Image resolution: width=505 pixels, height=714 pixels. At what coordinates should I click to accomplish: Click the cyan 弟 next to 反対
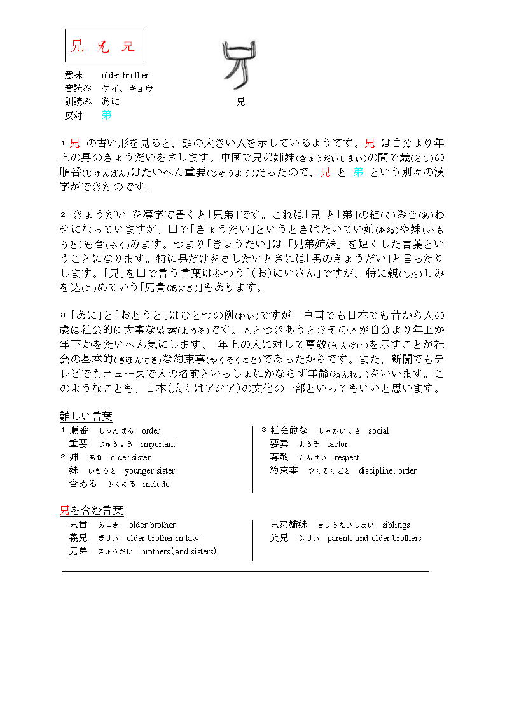click(x=106, y=115)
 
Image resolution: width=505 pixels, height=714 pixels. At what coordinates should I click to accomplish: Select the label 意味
click(x=74, y=76)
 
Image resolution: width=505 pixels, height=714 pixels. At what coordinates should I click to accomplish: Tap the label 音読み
click(x=78, y=88)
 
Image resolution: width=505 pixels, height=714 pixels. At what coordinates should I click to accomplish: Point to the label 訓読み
click(x=78, y=102)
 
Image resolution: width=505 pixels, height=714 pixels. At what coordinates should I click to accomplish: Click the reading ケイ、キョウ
click(x=128, y=88)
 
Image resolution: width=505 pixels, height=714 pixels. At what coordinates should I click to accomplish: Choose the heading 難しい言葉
click(x=86, y=416)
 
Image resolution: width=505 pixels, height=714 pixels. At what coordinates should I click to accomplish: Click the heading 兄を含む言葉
click(x=92, y=511)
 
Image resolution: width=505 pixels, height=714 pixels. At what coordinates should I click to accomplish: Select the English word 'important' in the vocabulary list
click(x=158, y=444)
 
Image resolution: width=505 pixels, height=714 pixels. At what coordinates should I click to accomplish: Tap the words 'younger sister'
click(x=149, y=471)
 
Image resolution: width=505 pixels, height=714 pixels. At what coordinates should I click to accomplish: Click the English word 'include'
click(x=156, y=484)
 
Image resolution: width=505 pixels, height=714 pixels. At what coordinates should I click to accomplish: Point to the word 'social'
click(x=378, y=431)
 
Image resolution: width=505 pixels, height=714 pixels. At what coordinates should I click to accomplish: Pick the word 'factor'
click(x=338, y=444)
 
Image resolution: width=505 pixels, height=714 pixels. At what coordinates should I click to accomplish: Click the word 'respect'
click(x=347, y=458)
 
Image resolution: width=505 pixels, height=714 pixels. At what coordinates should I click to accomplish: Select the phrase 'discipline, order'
click(x=387, y=471)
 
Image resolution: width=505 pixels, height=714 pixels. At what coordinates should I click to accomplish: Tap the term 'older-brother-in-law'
click(x=163, y=539)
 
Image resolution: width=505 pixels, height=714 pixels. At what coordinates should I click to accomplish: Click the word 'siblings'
click(x=396, y=525)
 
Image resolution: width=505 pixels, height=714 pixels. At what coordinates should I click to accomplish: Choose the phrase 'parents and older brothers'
click(x=374, y=539)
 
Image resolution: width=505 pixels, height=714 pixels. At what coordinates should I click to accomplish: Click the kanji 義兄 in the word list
click(x=78, y=539)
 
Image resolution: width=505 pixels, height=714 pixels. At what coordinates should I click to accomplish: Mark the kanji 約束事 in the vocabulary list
click(x=284, y=471)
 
